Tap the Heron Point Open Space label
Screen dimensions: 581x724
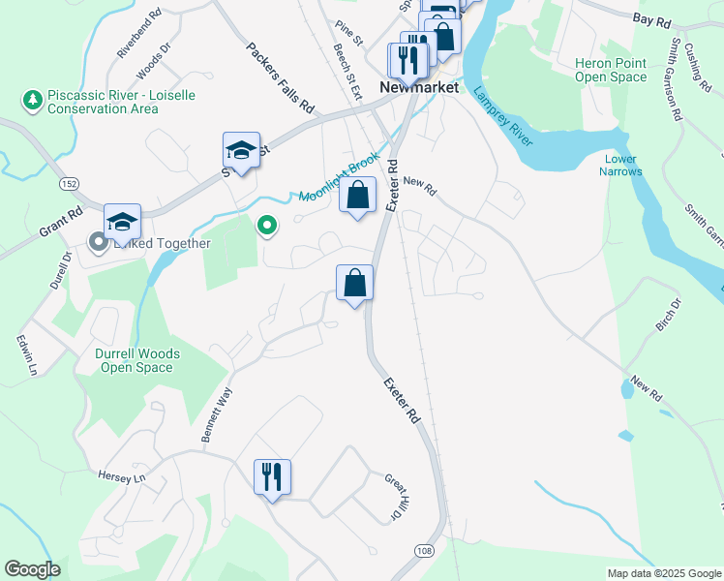[x=611, y=70]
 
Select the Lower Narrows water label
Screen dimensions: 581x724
[x=620, y=165]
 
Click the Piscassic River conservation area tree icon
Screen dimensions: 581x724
[x=33, y=99]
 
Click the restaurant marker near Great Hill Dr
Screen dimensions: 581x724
[x=272, y=475]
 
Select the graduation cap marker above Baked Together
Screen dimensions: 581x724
[x=122, y=221]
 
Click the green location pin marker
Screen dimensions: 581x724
[x=267, y=227]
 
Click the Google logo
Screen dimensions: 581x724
[x=32, y=569]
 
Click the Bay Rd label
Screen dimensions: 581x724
[x=651, y=18]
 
